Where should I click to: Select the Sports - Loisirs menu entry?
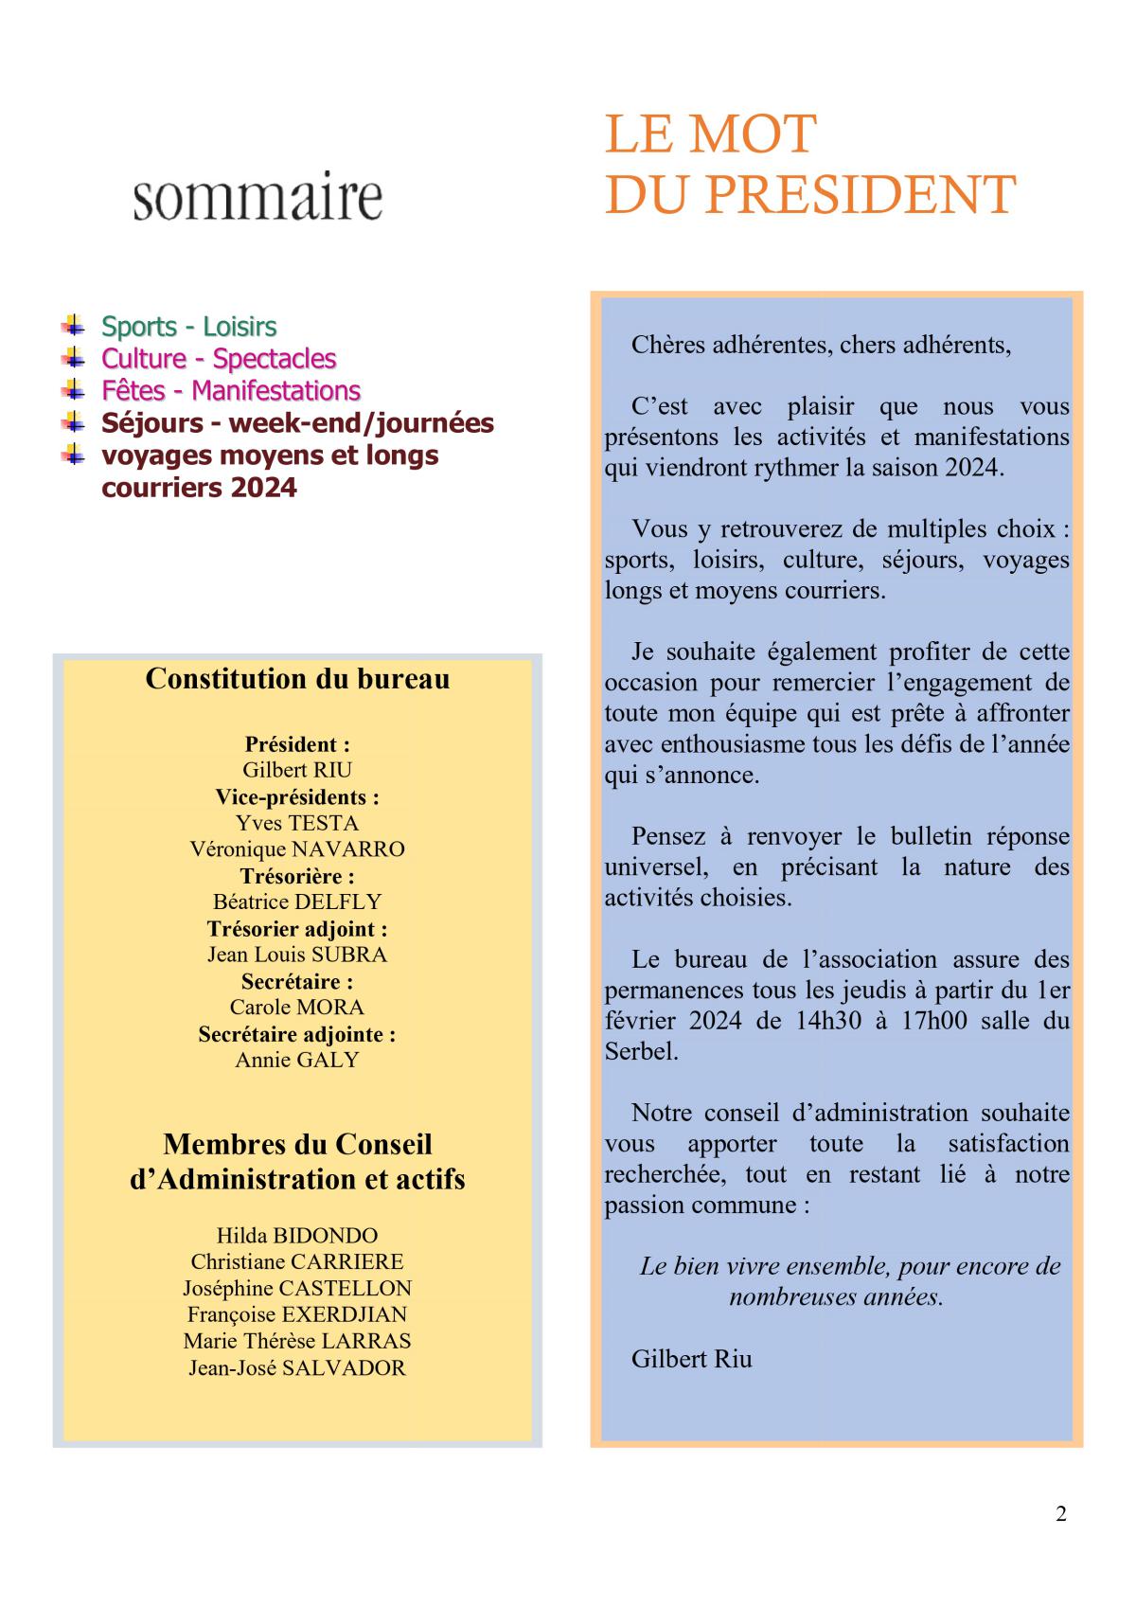pyautogui.click(x=188, y=327)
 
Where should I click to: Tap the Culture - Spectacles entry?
pyautogui.click(x=219, y=359)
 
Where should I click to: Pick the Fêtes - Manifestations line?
pyautogui.click(x=231, y=391)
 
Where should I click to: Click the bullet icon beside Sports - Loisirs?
pyautogui.click(x=73, y=325)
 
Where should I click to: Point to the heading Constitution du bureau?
pyautogui.click(x=297, y=679)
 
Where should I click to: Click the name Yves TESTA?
pyautogui.click(x=297, y=823)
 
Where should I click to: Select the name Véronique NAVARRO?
pyautogui.click(x=297, y=849)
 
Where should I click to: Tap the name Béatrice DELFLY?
pyautogui.click(x=297, y=902)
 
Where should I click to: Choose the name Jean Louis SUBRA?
pyautogui.click(x=297, y=955)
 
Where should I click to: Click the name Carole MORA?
pyautogui.click(x=297, y=1007)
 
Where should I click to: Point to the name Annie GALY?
pyautogui.click(x=297, y=1060)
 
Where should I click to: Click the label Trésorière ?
pyautogui.click(x=297, y=876)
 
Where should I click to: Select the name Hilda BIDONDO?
pyautogui.click(x=297, y=1236)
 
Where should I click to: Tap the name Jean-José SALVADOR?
pyautogui.click(x=297, y=1367)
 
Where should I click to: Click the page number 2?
pyautogui.click(x=1061, y=1514)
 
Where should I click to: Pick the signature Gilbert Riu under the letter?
pyautogui.click(x=692, y=1359)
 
